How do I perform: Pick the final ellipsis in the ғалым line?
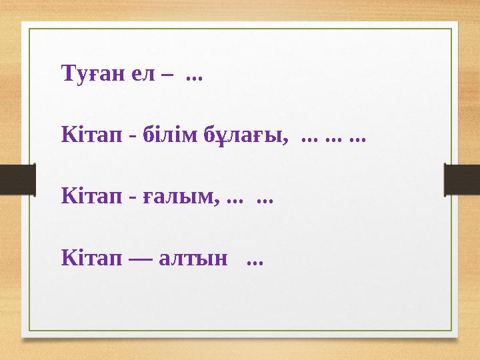coord(265,200)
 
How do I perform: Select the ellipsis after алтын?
coord(254,261)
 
